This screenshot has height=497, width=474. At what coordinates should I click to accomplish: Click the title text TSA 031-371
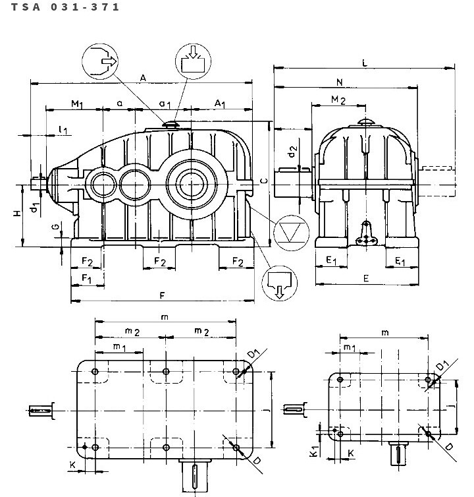65,7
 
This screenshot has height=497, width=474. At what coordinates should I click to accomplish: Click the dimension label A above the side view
143,78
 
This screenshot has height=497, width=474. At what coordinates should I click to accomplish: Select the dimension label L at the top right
365,63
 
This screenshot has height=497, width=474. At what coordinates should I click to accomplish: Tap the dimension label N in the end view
340,82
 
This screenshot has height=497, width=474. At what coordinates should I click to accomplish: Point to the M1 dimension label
77,104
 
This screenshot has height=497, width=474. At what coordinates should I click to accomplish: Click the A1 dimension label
220,103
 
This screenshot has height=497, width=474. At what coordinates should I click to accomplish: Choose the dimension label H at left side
17,213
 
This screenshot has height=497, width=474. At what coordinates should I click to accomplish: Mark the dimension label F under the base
162,295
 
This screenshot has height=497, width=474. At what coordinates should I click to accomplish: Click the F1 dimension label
86,279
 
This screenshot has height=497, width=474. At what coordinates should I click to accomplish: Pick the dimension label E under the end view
366,278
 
